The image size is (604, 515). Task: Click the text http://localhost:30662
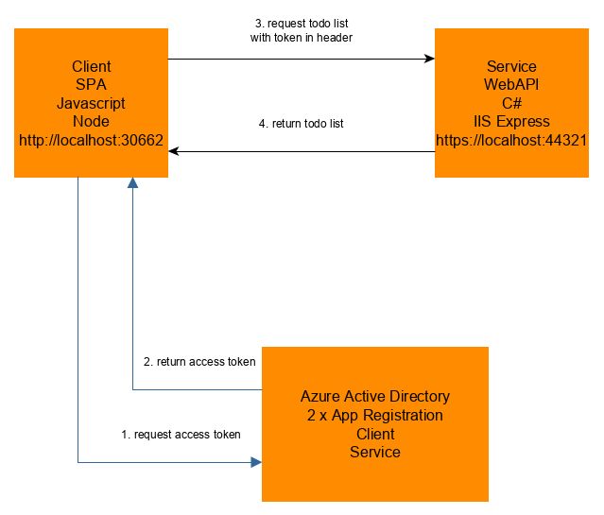(91, 140)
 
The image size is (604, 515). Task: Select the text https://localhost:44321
(510, 140)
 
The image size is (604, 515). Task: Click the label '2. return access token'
(198, 361)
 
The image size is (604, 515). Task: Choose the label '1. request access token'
(181, 435)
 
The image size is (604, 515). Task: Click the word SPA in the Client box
(91, 85)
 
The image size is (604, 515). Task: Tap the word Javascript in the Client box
(91, 103)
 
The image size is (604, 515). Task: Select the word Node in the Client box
(91, 121)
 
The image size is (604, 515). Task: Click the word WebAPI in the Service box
(510, 85)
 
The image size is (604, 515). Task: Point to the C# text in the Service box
(510, 103)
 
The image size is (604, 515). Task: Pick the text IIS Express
(510, 121)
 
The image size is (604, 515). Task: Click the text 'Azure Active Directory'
(374, 396)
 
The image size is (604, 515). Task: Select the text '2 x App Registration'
(374, 415)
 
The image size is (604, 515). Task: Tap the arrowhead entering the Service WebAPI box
(428, 59)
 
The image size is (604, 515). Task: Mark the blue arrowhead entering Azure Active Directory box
(255, 462)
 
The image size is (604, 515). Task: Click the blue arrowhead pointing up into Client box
(132, 185)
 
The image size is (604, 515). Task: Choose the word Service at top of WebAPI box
(510, 67)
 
